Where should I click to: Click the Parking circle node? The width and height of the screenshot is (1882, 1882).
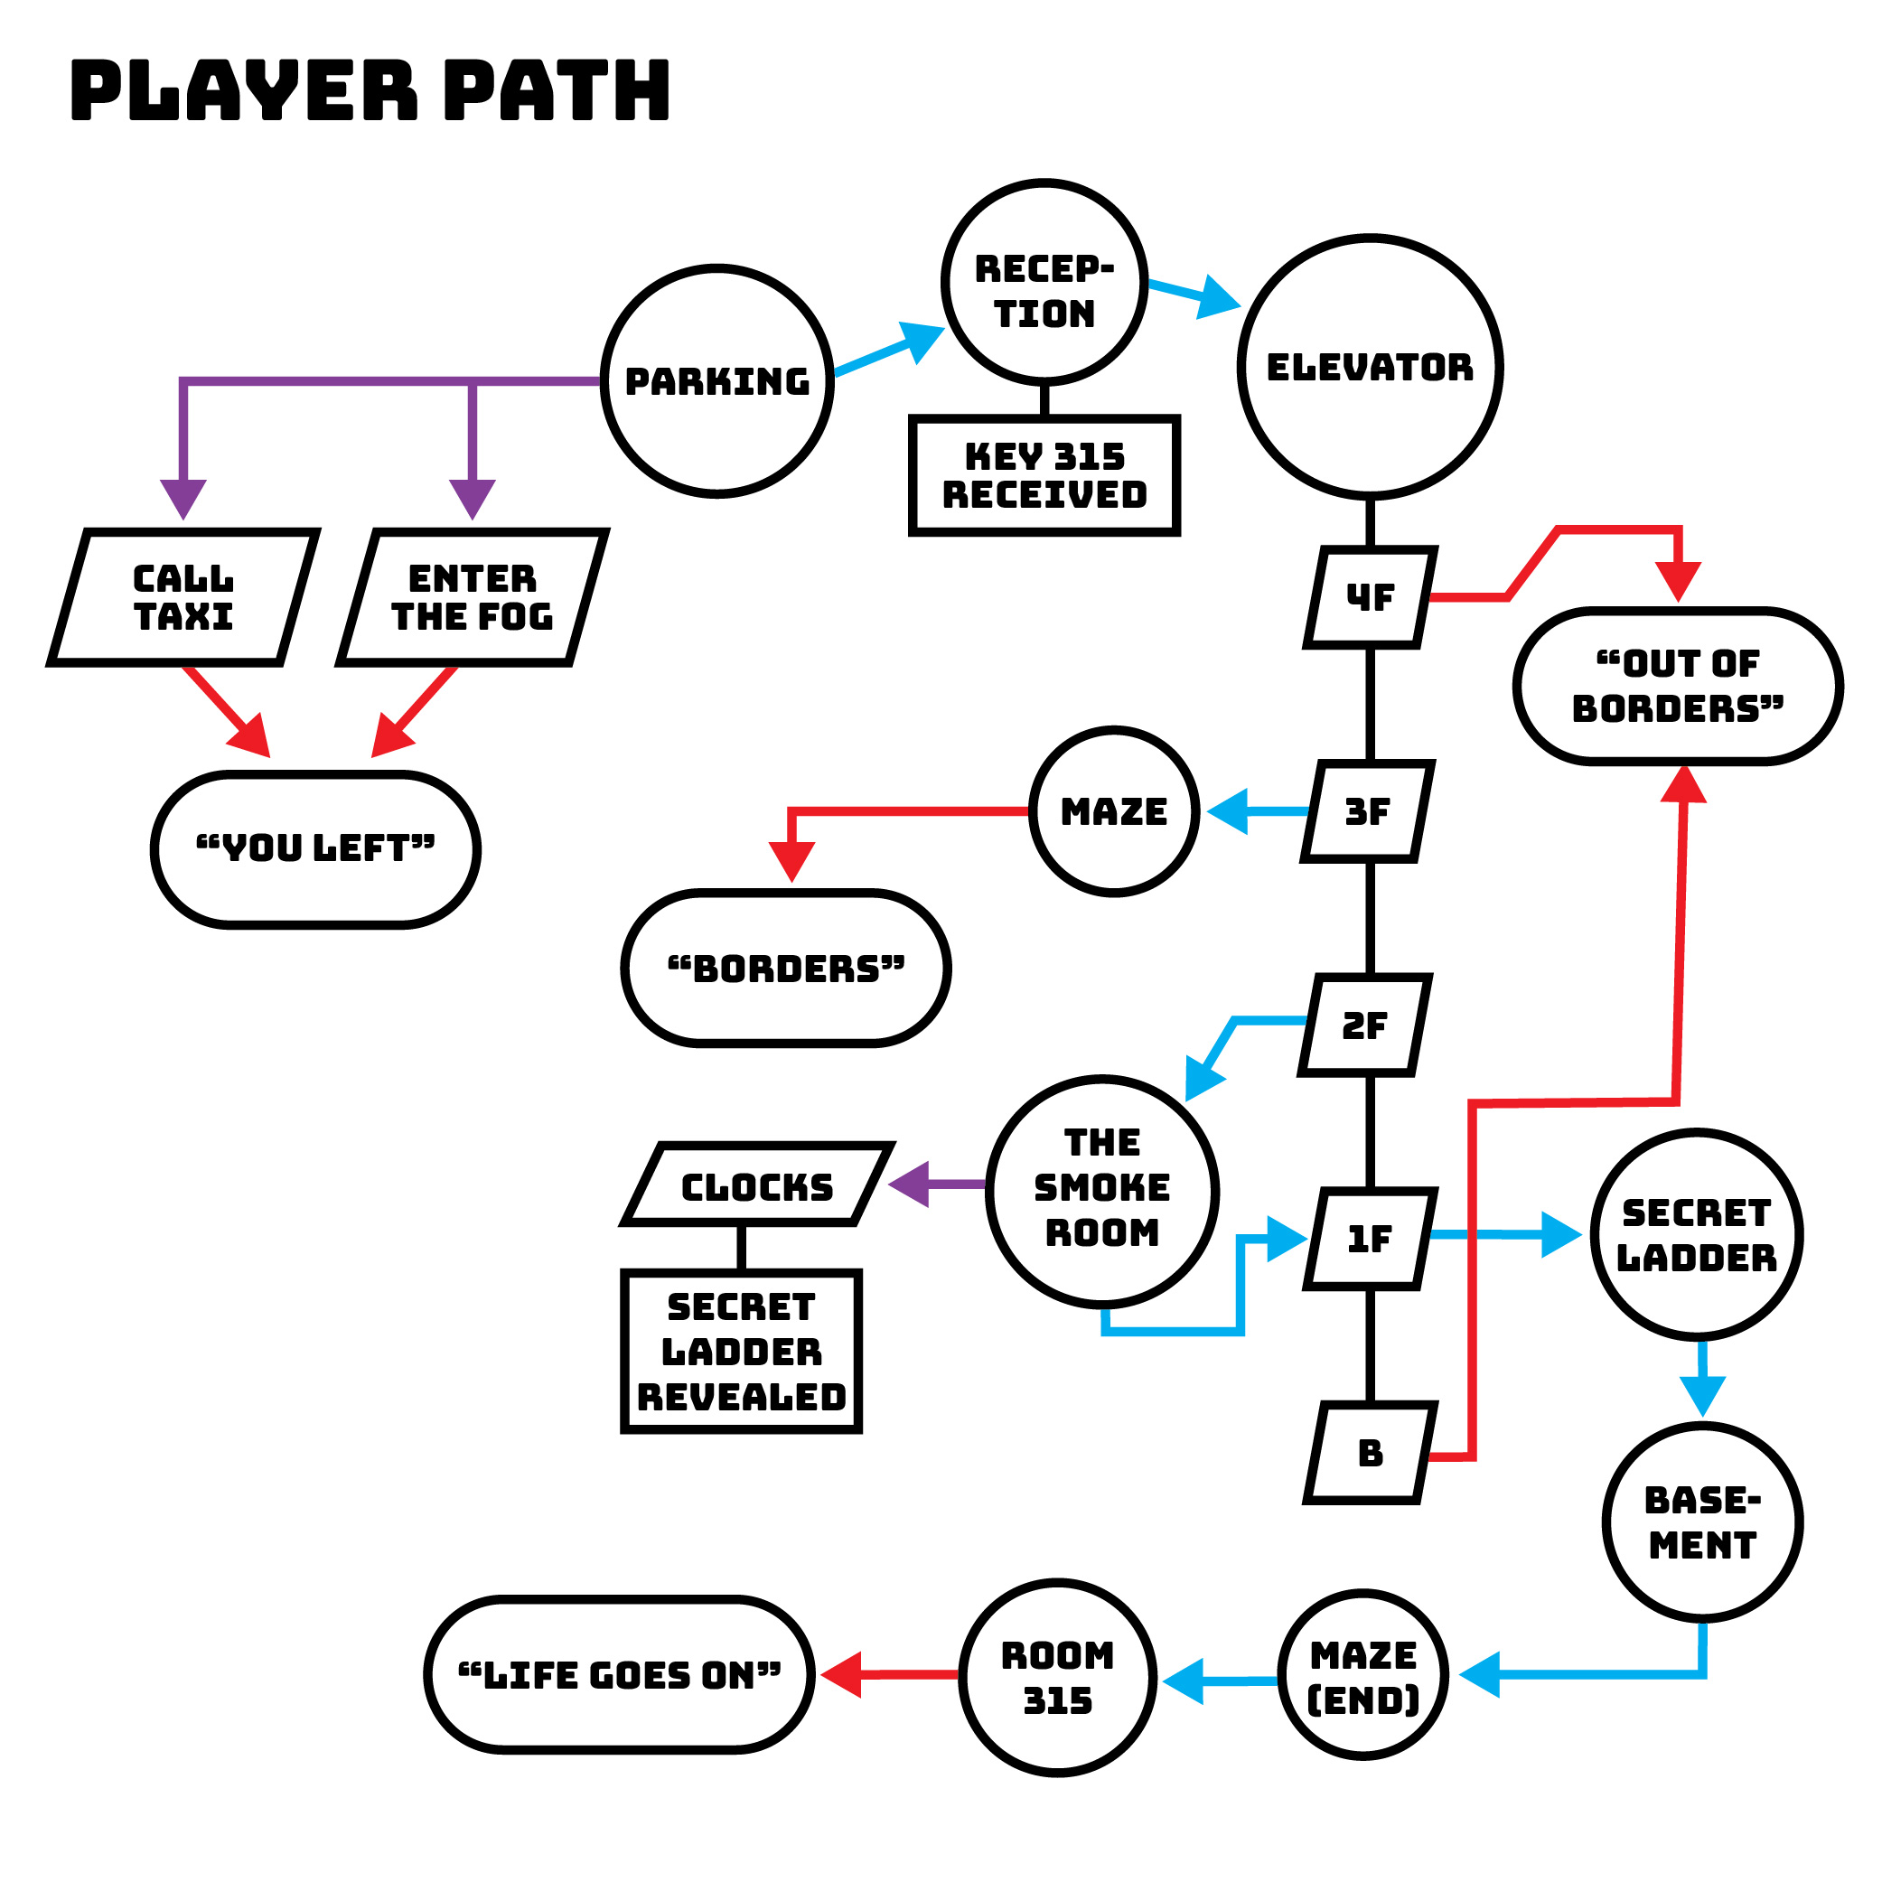tap(717, 381)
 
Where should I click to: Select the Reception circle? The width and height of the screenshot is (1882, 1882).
tap(1044, 283)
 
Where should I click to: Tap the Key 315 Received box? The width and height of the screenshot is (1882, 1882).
tap(1044, 475)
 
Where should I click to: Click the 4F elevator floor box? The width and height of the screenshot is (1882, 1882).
tap(1370, 597)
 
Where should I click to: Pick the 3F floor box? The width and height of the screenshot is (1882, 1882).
tap(1368, 811)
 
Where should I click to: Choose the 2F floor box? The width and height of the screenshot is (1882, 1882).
tap(1364, 1025)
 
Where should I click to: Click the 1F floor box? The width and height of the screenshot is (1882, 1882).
tap(1370, 1239)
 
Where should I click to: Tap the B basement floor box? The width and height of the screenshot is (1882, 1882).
tap(1370, 1453)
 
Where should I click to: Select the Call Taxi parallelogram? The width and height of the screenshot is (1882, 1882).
tap(183, 597)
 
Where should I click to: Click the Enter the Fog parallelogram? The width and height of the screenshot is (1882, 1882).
tap(473, 597)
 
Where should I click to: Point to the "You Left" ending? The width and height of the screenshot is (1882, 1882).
tap(315, 848)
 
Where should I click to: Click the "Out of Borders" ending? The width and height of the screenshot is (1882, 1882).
tap(1678, 686)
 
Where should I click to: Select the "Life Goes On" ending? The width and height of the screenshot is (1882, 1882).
tap(620, 1674)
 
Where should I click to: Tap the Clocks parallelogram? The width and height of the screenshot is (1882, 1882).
tap(757, 1184)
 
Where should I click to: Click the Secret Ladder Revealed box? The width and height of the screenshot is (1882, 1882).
tap(741, 1351)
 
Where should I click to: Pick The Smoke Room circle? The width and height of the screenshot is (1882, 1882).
tap(1101, 1191)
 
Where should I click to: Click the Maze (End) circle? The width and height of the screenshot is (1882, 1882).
tap(1362, 1675)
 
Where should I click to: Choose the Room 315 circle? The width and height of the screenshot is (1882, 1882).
tap(1058, 1678)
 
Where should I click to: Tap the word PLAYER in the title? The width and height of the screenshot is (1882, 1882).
tap(244, 89)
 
